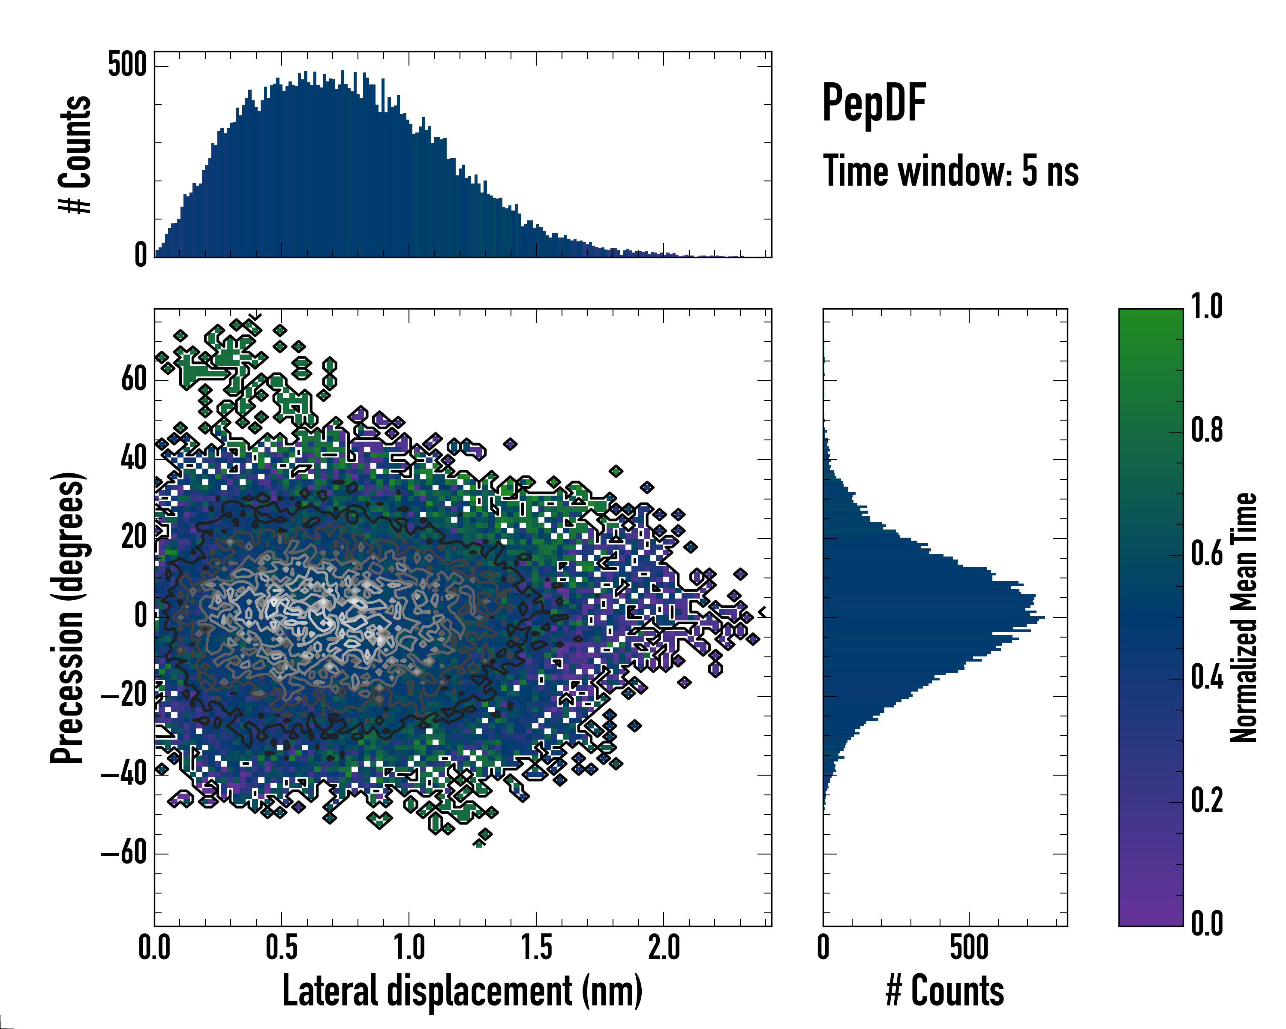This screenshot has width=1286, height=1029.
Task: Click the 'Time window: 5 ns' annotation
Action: point(950,171)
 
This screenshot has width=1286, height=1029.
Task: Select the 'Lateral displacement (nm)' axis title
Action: point(462,991)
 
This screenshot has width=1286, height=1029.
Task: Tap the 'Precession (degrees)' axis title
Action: point(67,618)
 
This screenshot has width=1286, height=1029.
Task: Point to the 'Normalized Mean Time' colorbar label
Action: point(1243,617)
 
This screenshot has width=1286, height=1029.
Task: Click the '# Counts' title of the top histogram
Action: point(75,154)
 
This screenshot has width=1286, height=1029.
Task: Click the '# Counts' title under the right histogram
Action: point(944,991)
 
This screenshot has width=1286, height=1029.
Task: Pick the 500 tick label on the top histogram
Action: point(127,64)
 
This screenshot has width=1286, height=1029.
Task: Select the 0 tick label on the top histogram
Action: point(141,255)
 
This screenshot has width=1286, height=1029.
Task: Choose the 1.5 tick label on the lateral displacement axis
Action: point(536,947)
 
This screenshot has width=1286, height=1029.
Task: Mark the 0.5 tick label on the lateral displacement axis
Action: point(282,947)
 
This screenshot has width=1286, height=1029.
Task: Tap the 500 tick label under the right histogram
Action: point(969,947)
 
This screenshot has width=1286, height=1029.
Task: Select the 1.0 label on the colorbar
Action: point(1207,307)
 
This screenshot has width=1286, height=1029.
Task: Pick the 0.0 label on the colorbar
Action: point(1207,924)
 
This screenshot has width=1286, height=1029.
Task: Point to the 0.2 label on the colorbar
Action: point(1207,800)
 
